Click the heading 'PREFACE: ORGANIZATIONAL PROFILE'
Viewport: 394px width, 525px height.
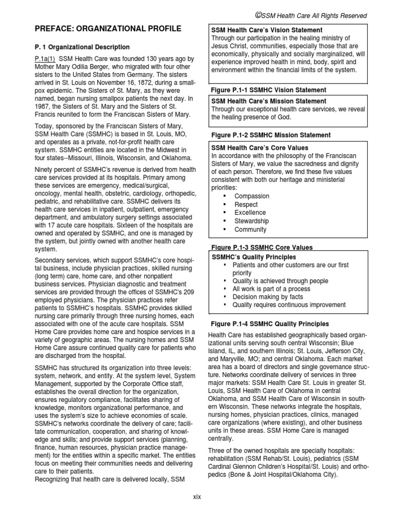(107, 29)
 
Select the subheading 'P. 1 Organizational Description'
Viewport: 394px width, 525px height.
(82, 47)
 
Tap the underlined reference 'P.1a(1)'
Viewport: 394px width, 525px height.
(45, 58)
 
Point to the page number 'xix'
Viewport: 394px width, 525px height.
(197, 497)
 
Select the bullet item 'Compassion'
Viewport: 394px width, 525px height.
(251, 196)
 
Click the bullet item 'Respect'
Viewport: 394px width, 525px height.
(246, 204)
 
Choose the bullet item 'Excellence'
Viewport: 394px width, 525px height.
(250, 212)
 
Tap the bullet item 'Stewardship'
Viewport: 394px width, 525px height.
(251, 221)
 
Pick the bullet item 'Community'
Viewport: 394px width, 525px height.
(250, 230)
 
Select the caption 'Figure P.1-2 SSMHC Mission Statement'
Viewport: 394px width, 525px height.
(271, 135)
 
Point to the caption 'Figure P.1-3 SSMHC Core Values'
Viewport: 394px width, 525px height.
(262, 247)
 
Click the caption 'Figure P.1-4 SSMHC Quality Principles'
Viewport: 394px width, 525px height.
(270, 324)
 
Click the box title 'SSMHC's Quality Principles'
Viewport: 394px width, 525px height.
(254, 257)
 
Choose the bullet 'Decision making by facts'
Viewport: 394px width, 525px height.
(267, 297)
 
